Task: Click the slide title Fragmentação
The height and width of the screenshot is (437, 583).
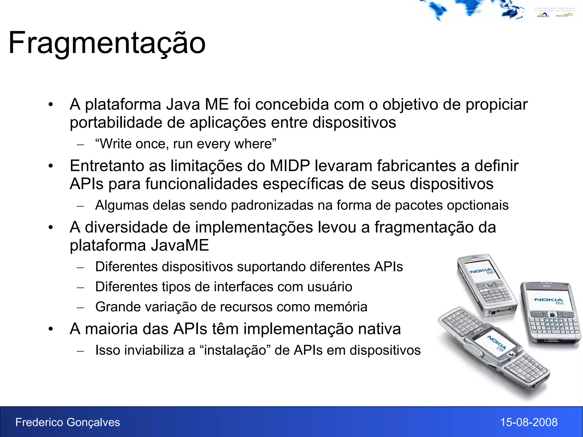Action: pyautogui.click(x=107, y=43)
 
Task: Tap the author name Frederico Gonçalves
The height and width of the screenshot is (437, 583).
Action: pyautogui.click(x=67, y=422)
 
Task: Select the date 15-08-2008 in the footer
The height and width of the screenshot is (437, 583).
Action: pyautogui.click(x=529, y=422)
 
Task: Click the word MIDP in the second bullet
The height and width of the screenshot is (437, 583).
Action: pyautogui.click(x=290, y=166)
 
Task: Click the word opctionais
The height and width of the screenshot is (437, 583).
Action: pyautogui.click(x=478, y=205)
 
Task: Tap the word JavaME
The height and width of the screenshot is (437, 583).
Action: pyautogui.click(x=180, y=245)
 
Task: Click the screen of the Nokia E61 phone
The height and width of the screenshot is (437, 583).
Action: pyautogui.click(x=548, y=300)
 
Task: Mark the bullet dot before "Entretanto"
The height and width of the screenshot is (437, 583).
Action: pyautogui.click(x=51, y=166)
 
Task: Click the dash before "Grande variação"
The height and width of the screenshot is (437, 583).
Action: pyautogui.click(x=81, y=308)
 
